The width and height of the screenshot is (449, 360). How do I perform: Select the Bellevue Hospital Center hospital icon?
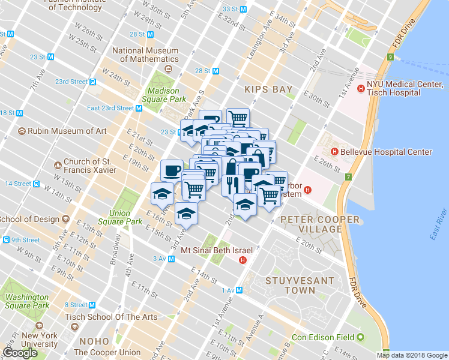tap(334, 152)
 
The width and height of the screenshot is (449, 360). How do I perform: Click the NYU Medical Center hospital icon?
tap(361, 89)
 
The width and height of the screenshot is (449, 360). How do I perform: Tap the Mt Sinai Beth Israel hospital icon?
tap(243, 260)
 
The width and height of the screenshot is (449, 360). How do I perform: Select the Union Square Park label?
tap(129, 217)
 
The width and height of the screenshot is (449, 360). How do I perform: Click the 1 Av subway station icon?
tap(239, 290)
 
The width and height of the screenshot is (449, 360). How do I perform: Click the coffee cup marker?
tap(172, 170)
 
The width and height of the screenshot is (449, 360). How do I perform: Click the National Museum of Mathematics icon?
tap(167, 69)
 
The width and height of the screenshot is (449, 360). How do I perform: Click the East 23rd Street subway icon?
tap(139, 109)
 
